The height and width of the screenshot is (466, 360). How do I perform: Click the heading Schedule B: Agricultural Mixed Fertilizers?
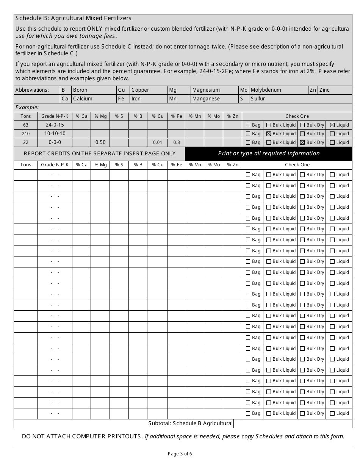74,18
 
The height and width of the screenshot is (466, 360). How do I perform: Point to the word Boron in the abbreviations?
80,90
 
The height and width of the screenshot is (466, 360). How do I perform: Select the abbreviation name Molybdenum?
266,90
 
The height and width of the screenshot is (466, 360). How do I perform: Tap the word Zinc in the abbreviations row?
324,90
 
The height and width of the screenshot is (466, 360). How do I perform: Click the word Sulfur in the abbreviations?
258,99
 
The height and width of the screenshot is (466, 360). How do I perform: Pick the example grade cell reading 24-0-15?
55,125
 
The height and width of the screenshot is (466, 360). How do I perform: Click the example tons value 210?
26,134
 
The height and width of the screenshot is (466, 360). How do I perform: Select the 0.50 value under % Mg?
100,142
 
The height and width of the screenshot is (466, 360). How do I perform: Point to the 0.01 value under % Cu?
158,143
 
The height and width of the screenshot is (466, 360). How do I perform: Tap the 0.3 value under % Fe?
177,143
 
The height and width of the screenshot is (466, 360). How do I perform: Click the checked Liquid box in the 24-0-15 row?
332,125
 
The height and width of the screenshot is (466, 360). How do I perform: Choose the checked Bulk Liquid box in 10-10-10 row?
269,134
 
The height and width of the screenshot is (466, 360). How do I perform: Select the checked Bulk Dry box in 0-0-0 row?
302,142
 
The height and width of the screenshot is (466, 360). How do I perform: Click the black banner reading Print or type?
269,153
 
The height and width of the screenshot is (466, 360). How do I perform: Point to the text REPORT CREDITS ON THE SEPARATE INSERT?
100,153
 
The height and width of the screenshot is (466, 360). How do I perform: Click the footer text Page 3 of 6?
180,454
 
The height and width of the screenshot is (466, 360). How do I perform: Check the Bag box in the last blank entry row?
248,414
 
